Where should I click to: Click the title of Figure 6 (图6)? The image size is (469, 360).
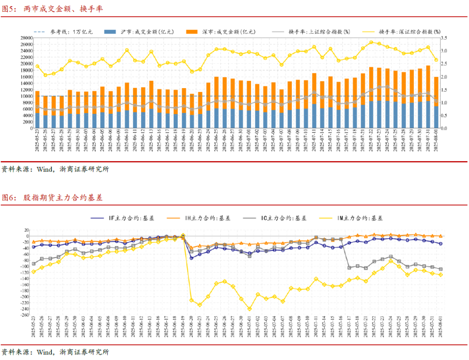tap(52, 198)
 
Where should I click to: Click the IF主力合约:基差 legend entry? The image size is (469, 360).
tap(130, 218)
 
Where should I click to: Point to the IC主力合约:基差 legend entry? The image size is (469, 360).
tap(282, 218)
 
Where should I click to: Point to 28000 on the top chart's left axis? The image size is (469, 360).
tap(26, 38)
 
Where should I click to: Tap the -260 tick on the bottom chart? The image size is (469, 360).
tap(23, 315)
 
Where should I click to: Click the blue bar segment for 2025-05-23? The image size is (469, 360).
tap(37, 121)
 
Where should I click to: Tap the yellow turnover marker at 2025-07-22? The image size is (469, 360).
tap(371, 42)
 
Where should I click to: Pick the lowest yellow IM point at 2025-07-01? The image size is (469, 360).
tap(249, 309)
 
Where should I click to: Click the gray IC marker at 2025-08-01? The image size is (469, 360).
tap(440, 269)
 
